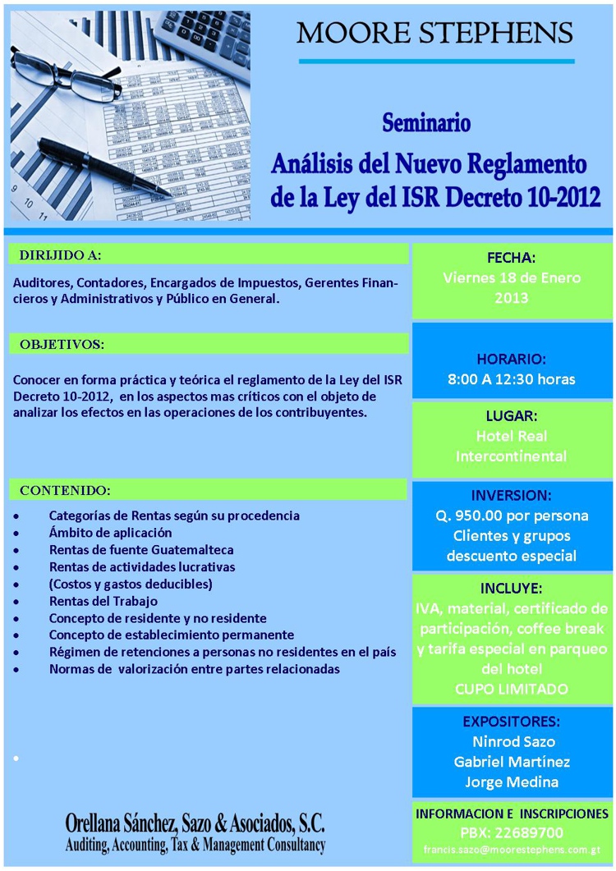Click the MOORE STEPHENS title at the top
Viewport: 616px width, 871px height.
[434, 34]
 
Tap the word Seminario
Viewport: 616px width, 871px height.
[426, 124]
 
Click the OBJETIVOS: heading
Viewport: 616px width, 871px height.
[62, 344]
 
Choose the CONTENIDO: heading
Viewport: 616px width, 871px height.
[65, 490]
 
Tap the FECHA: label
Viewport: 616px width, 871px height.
[511, 257]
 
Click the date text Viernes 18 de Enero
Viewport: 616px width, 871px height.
[512, 277]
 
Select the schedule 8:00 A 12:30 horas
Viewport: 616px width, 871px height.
[511, 379]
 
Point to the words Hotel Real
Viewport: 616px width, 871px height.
[511, 436]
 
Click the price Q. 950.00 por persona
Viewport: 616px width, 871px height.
[512, 516]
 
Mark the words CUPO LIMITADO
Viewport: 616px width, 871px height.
[511, 689]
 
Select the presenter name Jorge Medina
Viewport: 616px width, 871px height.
[512, 782]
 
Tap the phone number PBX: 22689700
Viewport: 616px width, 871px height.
[512, 831]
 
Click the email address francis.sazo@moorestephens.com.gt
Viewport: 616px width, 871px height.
[512, 849]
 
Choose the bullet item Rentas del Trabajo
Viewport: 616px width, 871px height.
[103, 601]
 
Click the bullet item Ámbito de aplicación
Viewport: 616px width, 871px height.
[110, 533]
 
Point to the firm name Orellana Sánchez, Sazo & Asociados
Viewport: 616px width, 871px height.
[195, 824]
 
